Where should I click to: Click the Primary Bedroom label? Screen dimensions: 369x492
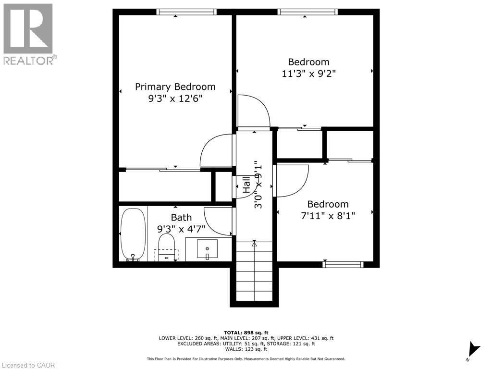pos(175,87)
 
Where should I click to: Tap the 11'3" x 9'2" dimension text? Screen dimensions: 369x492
pos(308,74)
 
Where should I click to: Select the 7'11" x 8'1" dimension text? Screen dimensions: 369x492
pos(328,216)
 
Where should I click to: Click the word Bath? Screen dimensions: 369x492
pos(181,218)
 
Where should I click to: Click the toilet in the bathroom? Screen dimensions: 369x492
pos(167,247)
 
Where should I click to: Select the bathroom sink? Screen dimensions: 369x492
pos(207,249)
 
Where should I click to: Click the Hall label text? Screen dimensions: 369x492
pos(246,184)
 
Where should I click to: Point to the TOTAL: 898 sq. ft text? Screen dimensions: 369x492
pos(246,332)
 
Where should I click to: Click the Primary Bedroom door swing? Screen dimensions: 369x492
pos(216,150)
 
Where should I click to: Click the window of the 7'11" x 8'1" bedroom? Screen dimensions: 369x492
pos(343,264)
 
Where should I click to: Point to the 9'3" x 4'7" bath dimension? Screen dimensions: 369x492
pos(181,229)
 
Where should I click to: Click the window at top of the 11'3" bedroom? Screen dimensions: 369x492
pos(307,12)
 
